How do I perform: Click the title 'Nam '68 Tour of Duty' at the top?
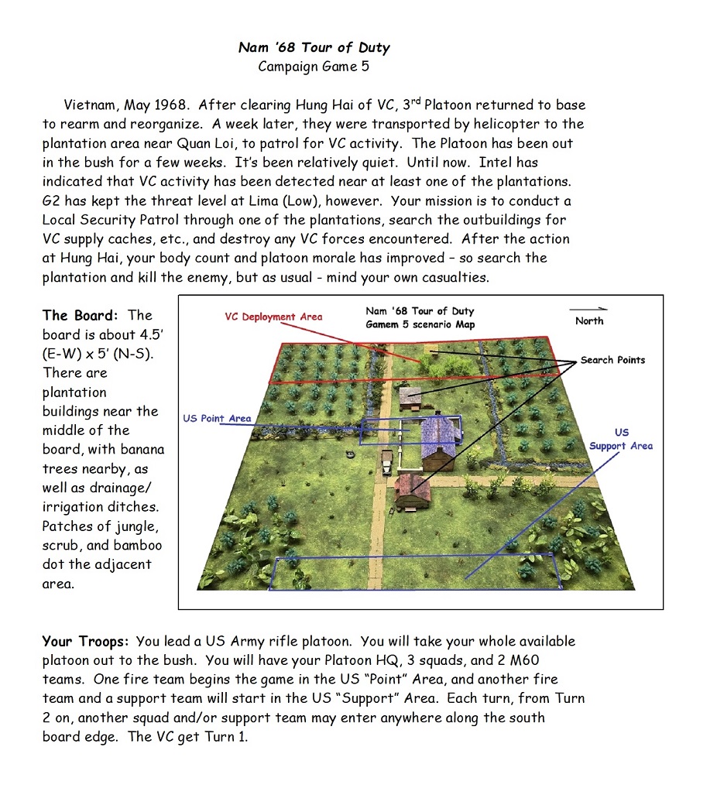point(314,47)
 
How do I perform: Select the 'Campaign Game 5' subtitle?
point(314,67)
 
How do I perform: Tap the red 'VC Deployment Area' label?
point(273,317)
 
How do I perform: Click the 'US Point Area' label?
point(217,419)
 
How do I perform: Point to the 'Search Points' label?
point(612,360)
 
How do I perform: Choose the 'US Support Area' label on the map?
point(621,439)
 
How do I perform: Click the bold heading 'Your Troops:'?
point(86,641)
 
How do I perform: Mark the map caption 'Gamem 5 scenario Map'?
point(420,324)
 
